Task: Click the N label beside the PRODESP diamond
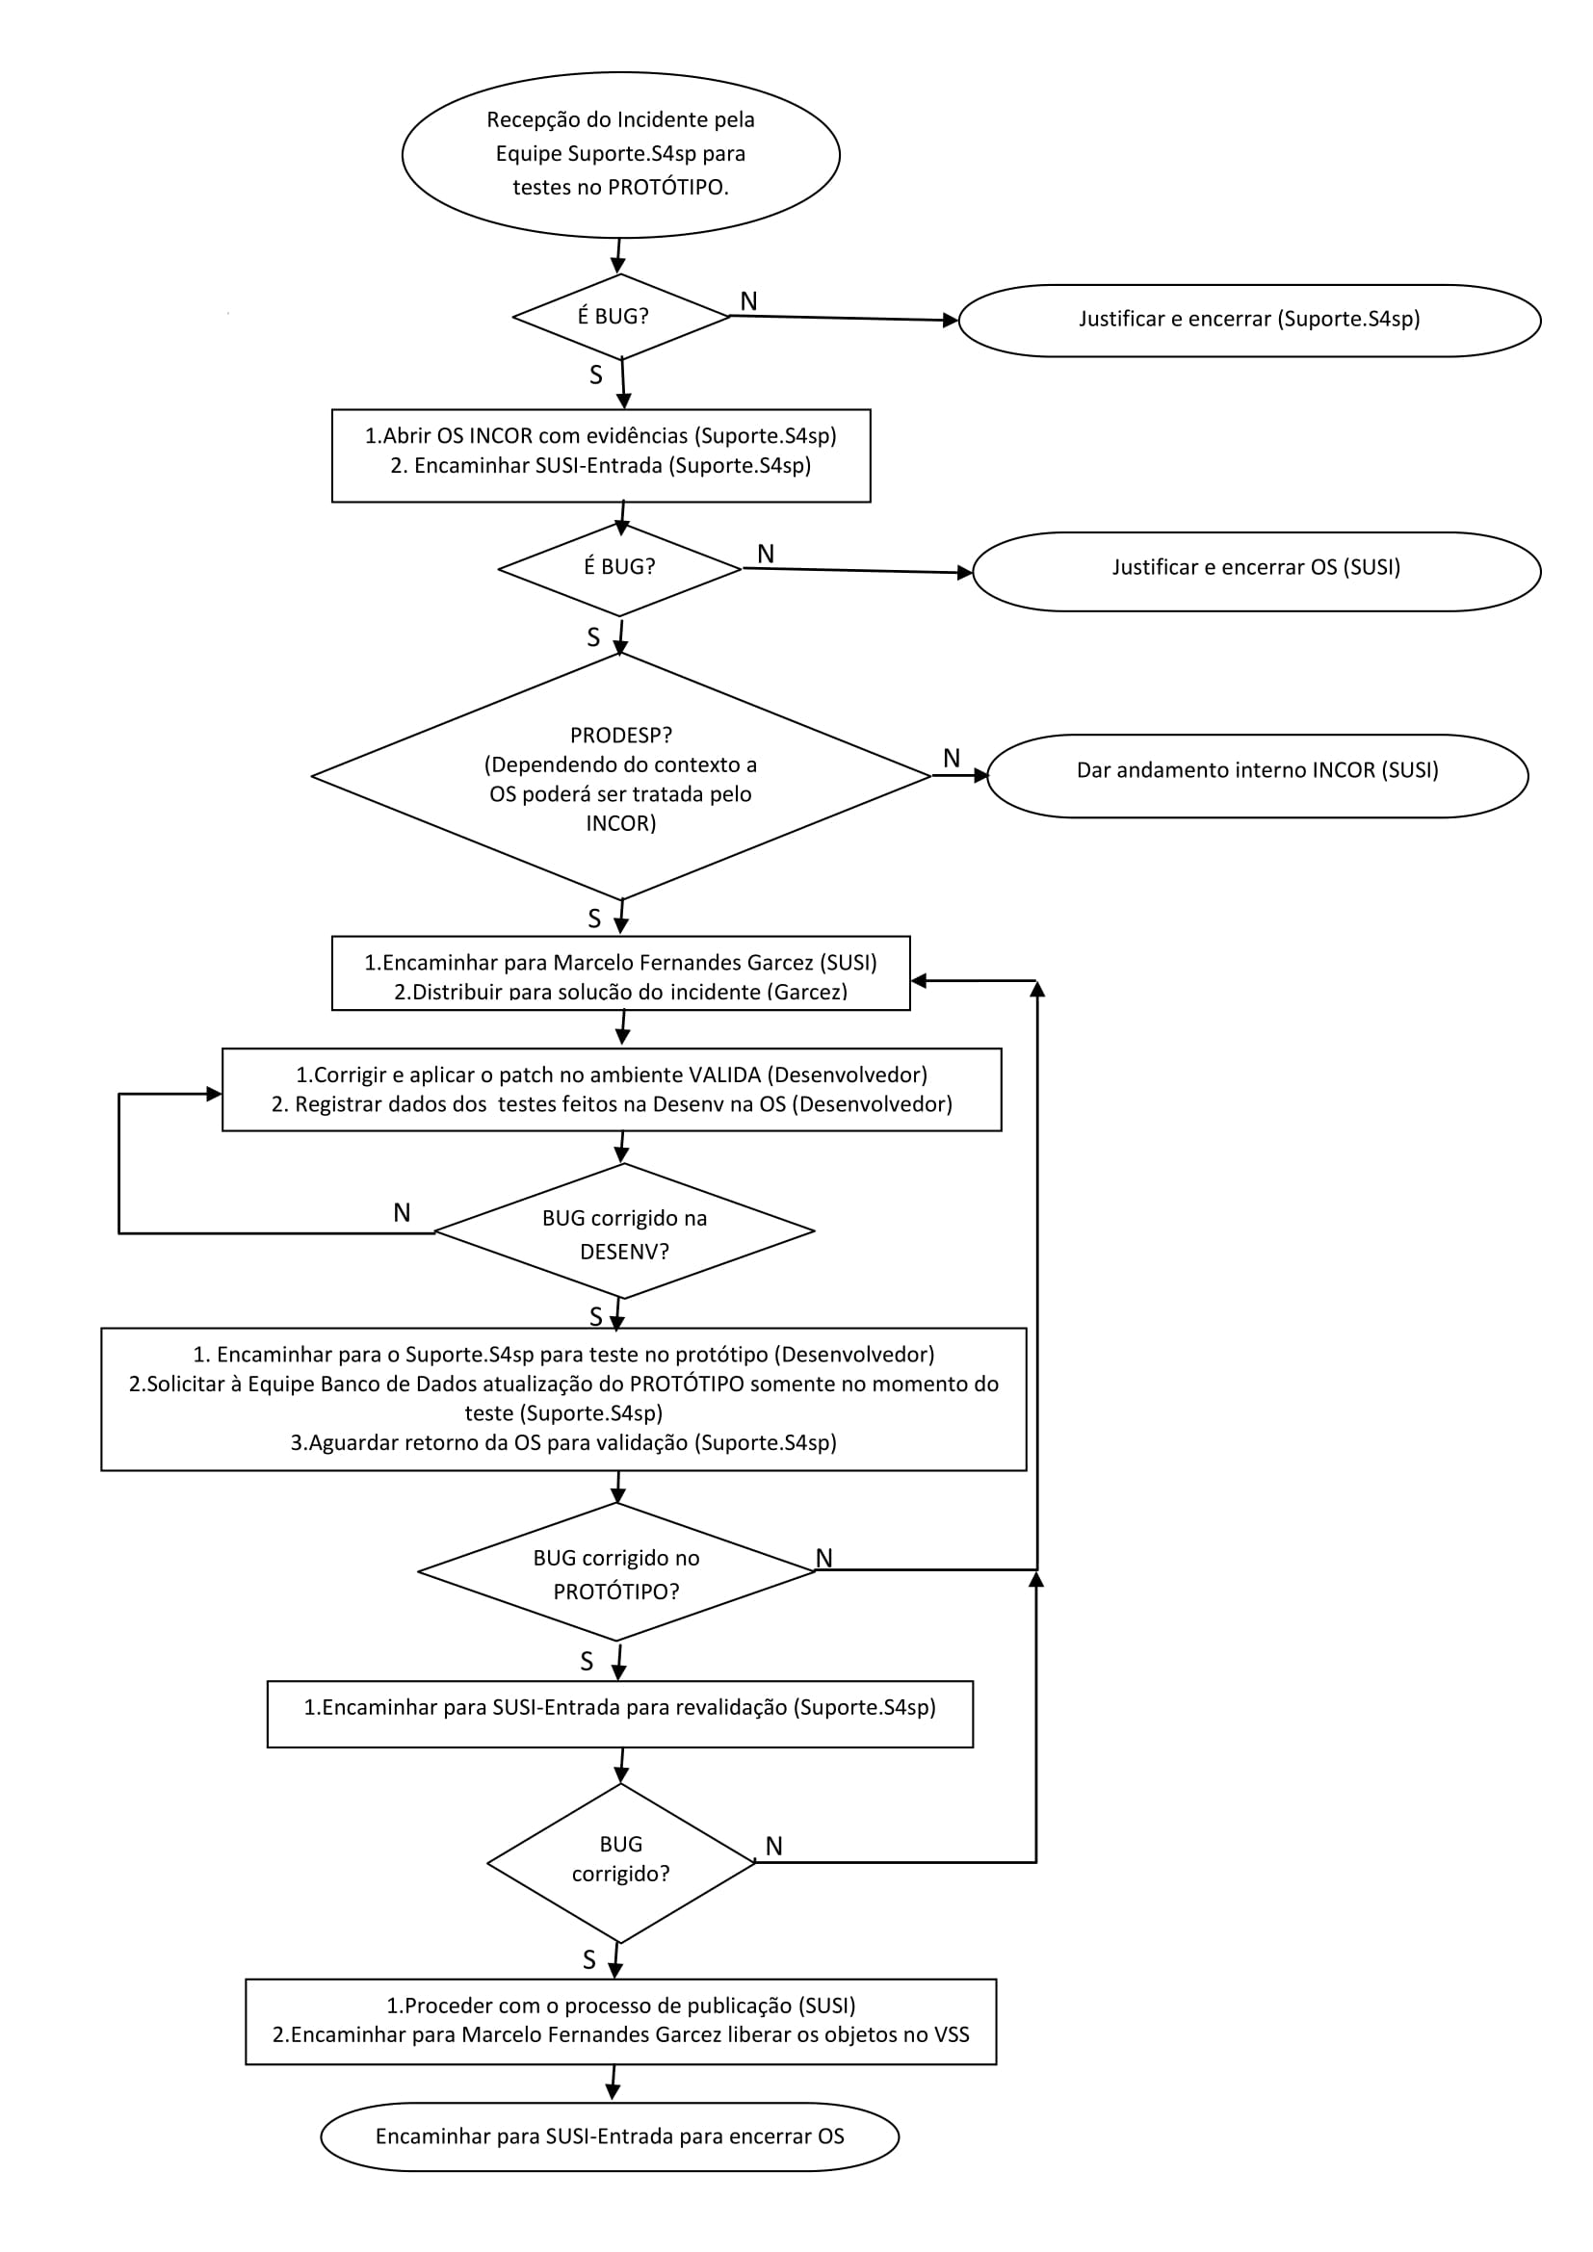pos(952,757)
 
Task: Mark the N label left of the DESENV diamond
pos(403,1212)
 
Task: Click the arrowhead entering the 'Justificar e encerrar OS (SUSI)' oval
pos(964,573)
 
